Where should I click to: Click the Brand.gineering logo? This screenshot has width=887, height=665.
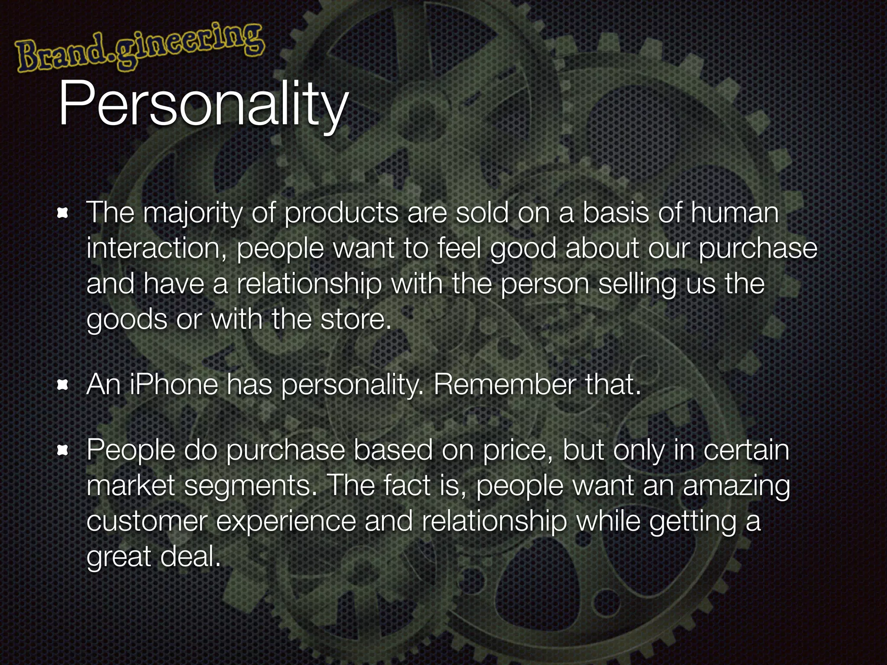139,48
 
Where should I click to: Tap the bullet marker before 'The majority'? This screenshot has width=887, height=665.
63,213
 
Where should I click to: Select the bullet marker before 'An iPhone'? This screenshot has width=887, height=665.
63,384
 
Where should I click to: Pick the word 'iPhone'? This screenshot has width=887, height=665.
174,384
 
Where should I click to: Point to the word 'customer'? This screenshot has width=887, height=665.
146,521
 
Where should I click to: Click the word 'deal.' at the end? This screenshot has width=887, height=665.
191,557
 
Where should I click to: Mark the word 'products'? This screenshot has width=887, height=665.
341,213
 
